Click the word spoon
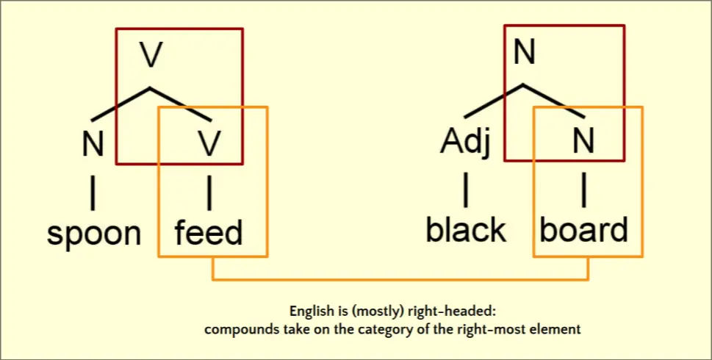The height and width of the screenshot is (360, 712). pos(94,234)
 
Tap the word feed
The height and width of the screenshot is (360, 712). pos(208,232)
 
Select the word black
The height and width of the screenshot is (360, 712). pos(466,230)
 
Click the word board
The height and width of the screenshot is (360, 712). pos(584,230)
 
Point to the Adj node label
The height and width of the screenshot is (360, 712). pos(464,143)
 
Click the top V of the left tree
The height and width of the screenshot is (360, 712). pos(151,57)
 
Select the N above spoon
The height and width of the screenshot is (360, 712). pos(93,144)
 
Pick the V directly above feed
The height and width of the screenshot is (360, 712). pos(210,144)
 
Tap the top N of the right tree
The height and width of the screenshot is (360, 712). pos(523,53)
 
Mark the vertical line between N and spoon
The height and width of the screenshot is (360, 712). pos(93,192)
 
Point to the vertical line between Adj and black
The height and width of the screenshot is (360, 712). pos(465,190)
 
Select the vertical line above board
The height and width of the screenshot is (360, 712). pos(583,190)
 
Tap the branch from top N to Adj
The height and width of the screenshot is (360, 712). pos(492,101)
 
